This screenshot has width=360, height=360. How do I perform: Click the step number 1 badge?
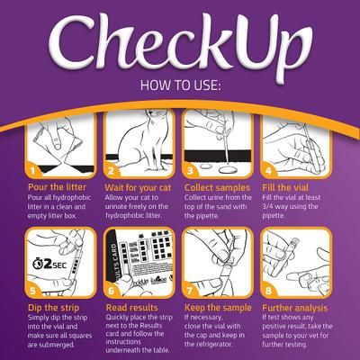pyautogui.click(x=31, y=168)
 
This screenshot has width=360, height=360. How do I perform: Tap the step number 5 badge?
pyautogui.click(x=31, y=291)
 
